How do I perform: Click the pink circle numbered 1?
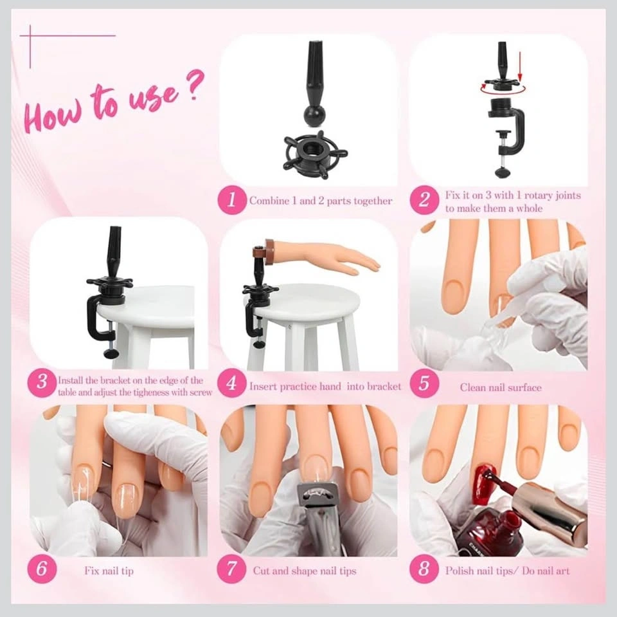pyautogui.click(x=232, y=200)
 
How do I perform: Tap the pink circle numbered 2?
pyautogui.click(x=424, y=200)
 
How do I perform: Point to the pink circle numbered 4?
pyautogui.click(x=232, y=383)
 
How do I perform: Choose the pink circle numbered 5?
pyautogui.click(x=424, y=383)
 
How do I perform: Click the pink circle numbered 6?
pyautogui.click(x=42, y=569)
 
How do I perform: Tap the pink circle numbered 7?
pyautogui.click(x=232, y=569)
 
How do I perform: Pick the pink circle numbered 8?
pyautogui.click(x=424, y=569)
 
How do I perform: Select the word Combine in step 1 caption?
pyautogui.click(x=269, y=201)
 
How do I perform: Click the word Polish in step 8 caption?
pyautogui.click(x=459, y=571)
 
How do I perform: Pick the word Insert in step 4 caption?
pyautogui.click(x=262, y=387)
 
